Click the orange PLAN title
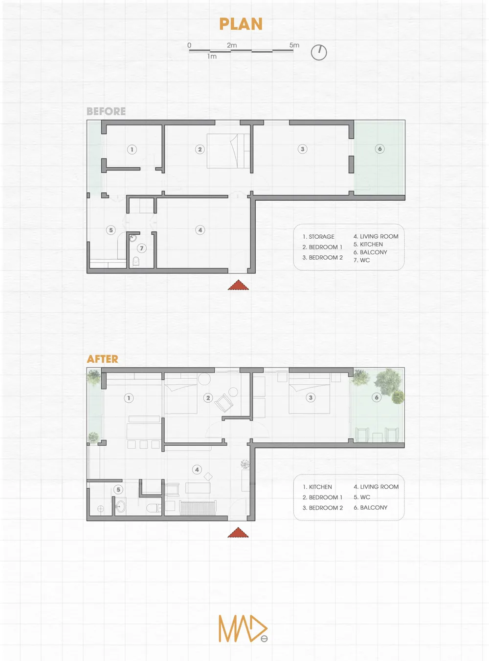241,24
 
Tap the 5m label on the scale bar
294,45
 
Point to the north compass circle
319,52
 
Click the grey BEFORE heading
106,111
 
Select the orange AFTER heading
102,359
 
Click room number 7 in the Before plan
141,248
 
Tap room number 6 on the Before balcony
380,149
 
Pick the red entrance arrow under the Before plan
238,285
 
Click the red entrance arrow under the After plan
238,532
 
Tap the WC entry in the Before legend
361,260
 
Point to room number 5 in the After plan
118,489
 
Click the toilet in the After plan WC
154,508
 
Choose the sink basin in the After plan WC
121,506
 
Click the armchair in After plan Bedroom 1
223,403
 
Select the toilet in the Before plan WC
136,261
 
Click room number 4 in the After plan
197,470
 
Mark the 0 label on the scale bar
189,45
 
